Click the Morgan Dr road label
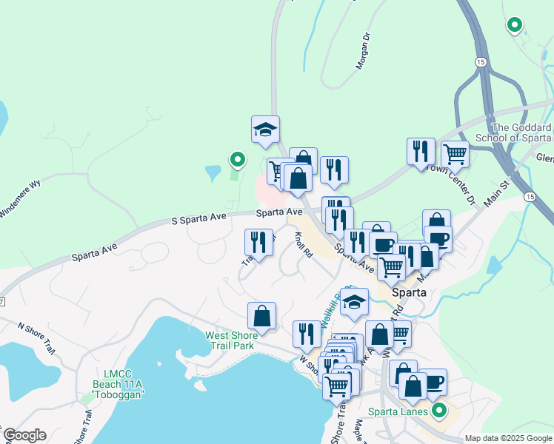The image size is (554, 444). pyautogui.click(x=362, y=50)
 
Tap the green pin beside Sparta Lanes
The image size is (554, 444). pyautogui.click(x=439, y=408)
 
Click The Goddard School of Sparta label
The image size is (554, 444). pyautogui.click(x=521, y=132)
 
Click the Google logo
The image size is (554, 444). pyautogui.click(x=24, y=435)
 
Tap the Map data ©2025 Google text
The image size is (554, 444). pyautogui.click(x=507, y=438)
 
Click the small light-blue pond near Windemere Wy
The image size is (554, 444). pyautogui.click(x=213, y=174)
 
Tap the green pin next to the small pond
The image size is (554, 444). pyautogui.click(x=237, y=158)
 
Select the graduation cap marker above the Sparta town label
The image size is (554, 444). pyautogui.click(x=354, y=302)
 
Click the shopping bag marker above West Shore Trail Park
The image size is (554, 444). pyautogui.click(x=261, y=316)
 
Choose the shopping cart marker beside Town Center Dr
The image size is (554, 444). pyautogui.click(x=455, y=155)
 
